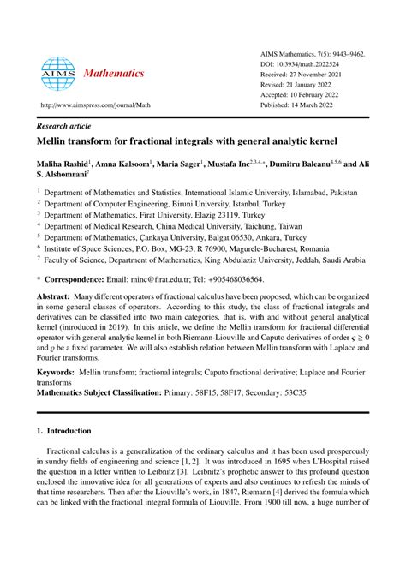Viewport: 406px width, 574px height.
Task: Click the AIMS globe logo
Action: coord(57,75)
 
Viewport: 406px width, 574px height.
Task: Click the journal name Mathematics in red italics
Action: coord(114,75)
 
